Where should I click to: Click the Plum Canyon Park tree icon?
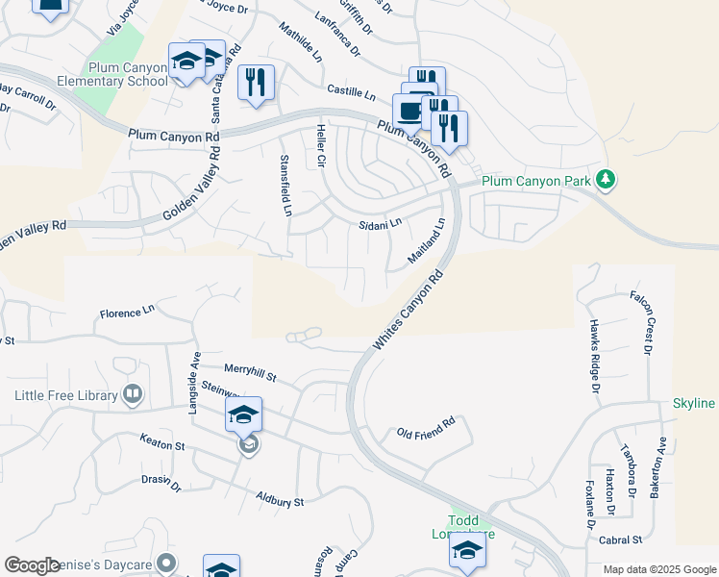[x=606, y=179]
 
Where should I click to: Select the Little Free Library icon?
[x=133, y=394]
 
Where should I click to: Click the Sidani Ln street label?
[x=380, y=224]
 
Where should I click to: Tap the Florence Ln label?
[x=127, y=313]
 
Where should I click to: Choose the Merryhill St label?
[x=250, y=370]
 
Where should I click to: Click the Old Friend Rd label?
[x=425, y=429]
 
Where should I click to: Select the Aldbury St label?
[x=280, y=499]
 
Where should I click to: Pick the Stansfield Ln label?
[x=285, y=186]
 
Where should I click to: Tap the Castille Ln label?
[x=351, y=92]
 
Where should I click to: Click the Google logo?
[x=32, y=565]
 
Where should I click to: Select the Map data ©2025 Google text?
[x=658, y=569]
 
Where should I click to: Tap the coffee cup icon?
[x=410, y=110]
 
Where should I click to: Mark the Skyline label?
[x=693, y=403]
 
